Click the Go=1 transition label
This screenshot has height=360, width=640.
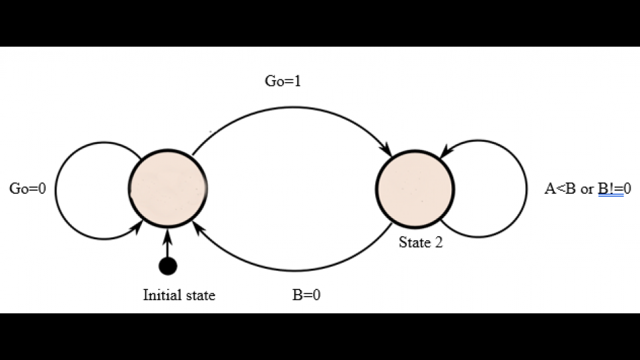pos(283,82)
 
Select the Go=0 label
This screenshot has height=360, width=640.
pos(27,189)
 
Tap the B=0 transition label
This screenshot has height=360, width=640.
pos(306,295)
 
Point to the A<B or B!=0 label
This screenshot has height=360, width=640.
pos(587,189)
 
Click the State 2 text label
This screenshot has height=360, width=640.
pos(421,243)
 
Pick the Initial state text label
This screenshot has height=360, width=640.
pos(179,295)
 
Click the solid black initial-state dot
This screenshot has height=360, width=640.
pos(168,266)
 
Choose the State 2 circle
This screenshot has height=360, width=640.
pos(415,189)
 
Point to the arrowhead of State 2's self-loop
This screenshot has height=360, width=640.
pos(445,152)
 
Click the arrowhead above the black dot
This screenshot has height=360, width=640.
pos(168,234)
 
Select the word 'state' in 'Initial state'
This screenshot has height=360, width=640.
pos(199,295)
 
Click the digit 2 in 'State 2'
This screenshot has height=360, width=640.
pos(439,243)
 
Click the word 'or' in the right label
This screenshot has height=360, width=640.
pos(587,189)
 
